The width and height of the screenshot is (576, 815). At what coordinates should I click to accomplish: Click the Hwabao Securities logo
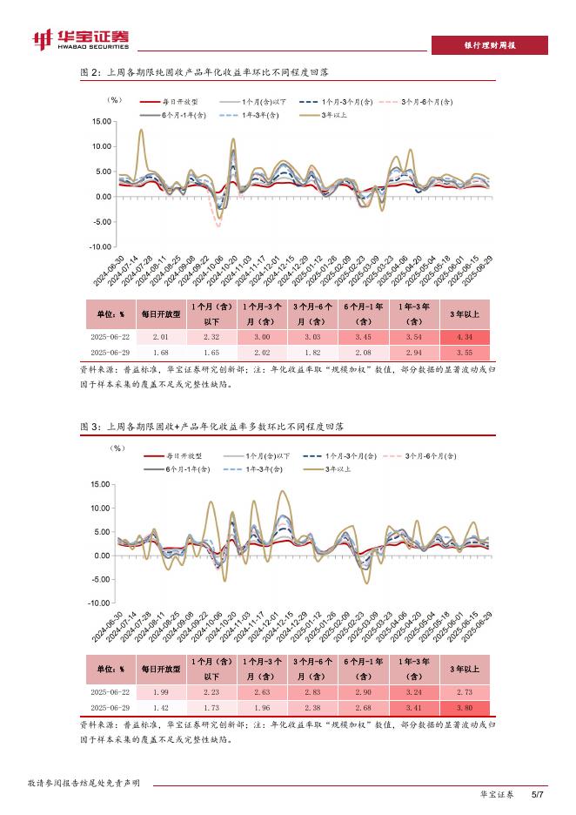(x=80, y=38)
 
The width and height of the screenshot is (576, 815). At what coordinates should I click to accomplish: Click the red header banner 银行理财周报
(x=490, y=45)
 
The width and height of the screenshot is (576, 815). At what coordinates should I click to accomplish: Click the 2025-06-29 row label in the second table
(x=110, y=706)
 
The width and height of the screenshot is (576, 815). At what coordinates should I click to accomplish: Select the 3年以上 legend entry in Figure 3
(x=338, y=468)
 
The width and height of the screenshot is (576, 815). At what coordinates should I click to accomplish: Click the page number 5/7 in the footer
(x=538, y=794)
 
